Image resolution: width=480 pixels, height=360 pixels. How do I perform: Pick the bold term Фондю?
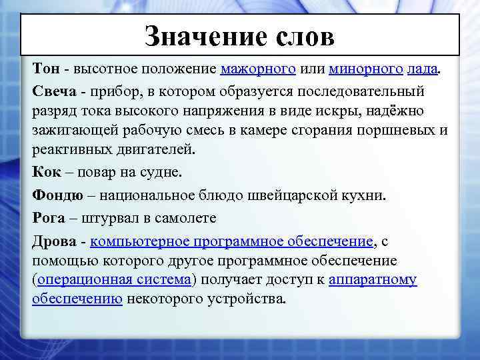coord(57,196)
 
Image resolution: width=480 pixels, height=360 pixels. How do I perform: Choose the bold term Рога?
coord(48,217)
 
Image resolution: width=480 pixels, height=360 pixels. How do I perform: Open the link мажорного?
coord(258,69)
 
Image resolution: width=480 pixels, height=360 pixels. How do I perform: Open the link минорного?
coord(365,69)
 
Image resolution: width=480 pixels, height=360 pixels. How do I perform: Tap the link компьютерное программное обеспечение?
coord(231,241)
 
